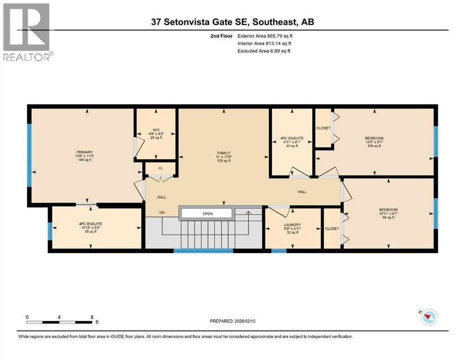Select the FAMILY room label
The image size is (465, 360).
(x=223, y=153)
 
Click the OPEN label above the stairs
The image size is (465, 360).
(x=207, y=214)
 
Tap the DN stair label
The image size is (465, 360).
(x=162, y=213)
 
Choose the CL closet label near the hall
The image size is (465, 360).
(x=160, y=168)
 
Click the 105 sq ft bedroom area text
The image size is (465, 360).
(x=374, y=146)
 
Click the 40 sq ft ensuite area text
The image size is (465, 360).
(x=292, y=146)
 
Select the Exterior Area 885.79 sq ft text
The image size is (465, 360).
(x=268, y=36)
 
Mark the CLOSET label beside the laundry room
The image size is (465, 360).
(x=332, y=229)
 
